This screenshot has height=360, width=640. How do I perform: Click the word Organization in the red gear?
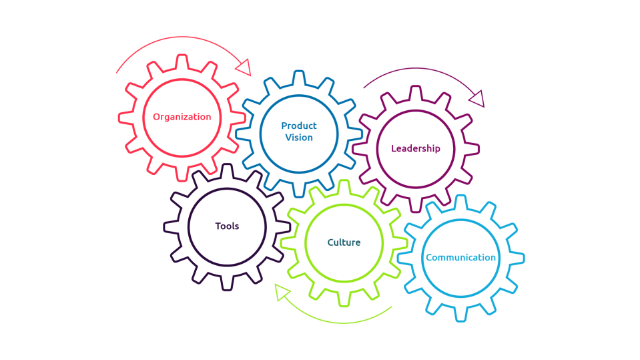coord(182,117)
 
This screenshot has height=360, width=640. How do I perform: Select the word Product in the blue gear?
coord(299,126)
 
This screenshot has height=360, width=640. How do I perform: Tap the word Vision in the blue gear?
coord(299,138)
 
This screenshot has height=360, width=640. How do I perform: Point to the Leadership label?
coord(415,148)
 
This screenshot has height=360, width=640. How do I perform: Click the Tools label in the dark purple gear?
coord(227,226)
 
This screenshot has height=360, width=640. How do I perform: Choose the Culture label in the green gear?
coord(344,242)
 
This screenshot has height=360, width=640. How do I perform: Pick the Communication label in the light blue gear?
coord(460,258)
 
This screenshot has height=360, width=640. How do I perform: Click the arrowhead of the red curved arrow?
coord(243,67)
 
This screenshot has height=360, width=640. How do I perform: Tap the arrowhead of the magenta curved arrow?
coord(477,100)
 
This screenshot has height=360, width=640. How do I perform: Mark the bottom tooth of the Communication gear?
coord(460,315)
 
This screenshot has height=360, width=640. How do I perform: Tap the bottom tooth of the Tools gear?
coord(227,283)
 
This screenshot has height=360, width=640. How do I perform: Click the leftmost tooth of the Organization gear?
coord(125,117)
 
